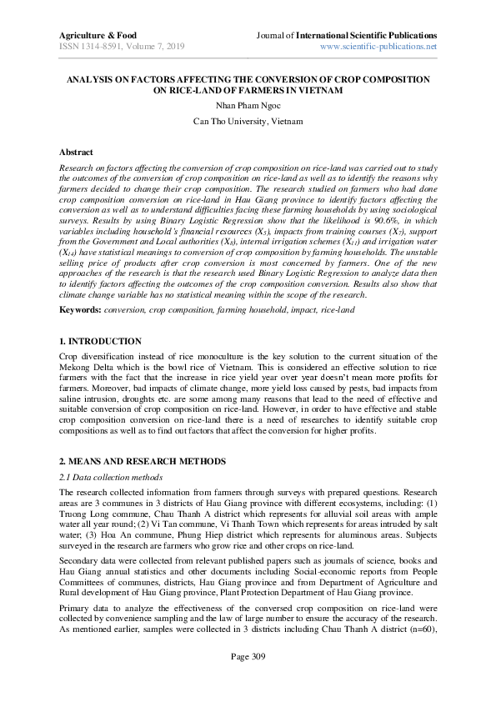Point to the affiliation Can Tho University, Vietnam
(x=248, y=121)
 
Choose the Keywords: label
(x=80, y=309)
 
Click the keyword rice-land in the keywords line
(x=333, y=309)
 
